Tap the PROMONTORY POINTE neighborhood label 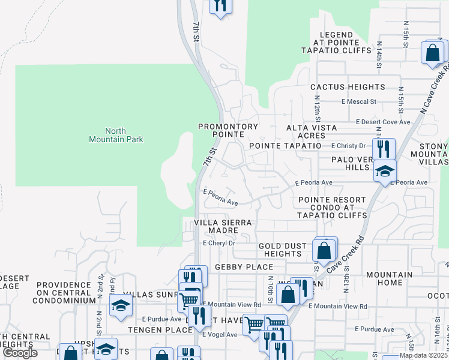(228, 131)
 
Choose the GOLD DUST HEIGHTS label (283, 250)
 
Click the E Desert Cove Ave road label (383, 122)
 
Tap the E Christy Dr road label (348, 146)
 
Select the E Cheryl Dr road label (218, 244)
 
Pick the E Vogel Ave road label (220, 334)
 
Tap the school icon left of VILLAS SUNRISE (121, 305)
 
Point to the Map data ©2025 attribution (423, 355)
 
